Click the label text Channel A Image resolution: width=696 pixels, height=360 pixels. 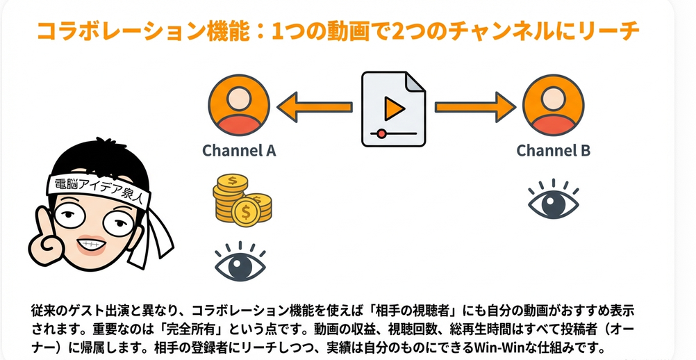pyautogui.click(x=239, y=150)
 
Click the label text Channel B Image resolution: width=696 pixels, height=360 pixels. pyautogui.click(x=553, y=150)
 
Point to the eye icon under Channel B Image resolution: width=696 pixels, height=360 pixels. pyautogui.click(x=554, y=199)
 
